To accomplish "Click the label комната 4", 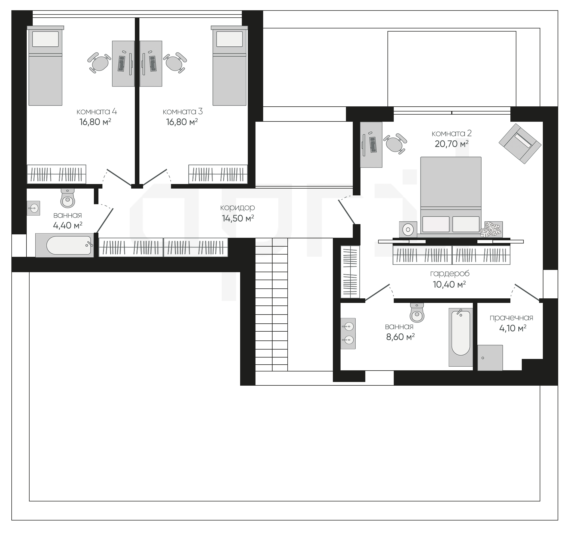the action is point(96,111).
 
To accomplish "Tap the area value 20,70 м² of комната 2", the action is point(452,144).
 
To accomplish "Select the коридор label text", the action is point(238,208).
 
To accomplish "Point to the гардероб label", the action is point(450,274).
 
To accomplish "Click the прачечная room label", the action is point(511,318).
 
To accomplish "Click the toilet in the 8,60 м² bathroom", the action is point(417,313).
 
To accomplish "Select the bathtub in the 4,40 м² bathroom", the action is point(64,245).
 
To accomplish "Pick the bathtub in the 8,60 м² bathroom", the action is point(461,337).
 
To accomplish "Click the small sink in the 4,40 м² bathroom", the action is point(34,208).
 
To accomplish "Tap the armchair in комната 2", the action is point(520,144).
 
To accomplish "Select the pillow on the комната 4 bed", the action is point(46,39).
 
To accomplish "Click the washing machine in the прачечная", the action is point(490,358).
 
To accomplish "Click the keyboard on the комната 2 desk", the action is point(373,145).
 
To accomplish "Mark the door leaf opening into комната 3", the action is point(155,177).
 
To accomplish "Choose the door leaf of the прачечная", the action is point(527,292).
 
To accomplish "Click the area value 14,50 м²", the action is point(238,219).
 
